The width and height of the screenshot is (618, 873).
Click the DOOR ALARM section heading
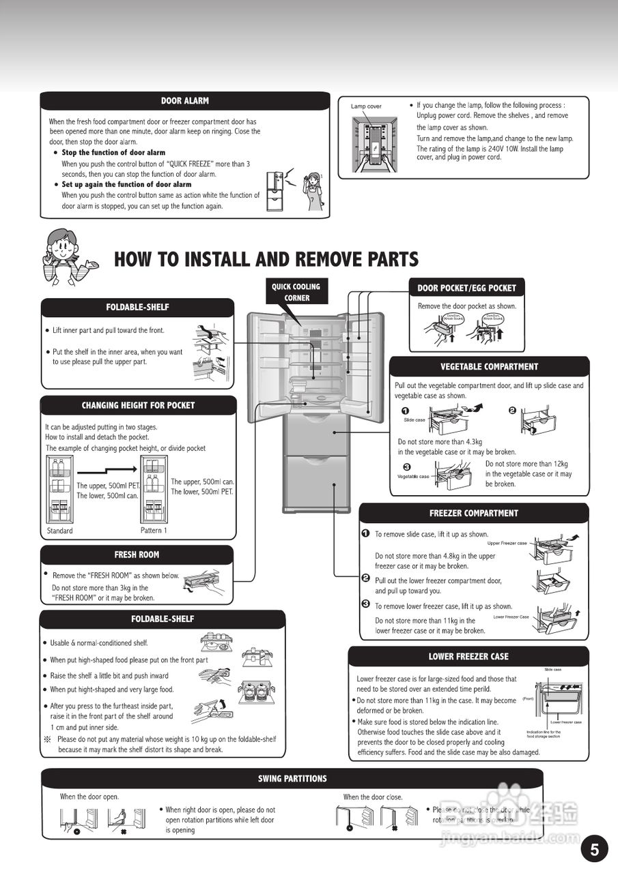tap(184, 101)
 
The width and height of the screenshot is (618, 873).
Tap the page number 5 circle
tap(594, 849)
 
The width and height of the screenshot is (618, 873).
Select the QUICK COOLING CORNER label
tap(296, 292)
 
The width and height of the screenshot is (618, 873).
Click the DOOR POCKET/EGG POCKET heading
tap(466, 288)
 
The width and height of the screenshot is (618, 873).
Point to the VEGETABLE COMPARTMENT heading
tap(489, 366)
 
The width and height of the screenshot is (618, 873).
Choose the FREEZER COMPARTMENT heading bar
tap(473, 513)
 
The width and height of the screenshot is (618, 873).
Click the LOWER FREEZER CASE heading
tap(468, 656)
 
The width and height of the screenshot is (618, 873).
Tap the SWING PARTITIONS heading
tap(292, 778)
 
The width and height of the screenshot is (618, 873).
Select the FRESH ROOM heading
tap(137, 554)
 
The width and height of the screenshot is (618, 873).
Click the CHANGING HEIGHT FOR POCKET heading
tap(138, 405)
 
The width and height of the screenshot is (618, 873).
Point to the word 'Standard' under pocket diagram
tap(59, 531)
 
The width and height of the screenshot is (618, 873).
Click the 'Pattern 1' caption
tap(154, 531)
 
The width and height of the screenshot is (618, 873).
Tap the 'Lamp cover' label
tap(366, 106)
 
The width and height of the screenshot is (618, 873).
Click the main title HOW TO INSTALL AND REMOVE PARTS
tap(266, 259)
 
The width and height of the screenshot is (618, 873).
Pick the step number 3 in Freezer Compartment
tap(366, 605)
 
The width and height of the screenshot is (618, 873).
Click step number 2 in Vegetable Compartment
tap(512, 411)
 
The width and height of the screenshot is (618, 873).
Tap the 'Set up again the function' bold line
tap(126, 184)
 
